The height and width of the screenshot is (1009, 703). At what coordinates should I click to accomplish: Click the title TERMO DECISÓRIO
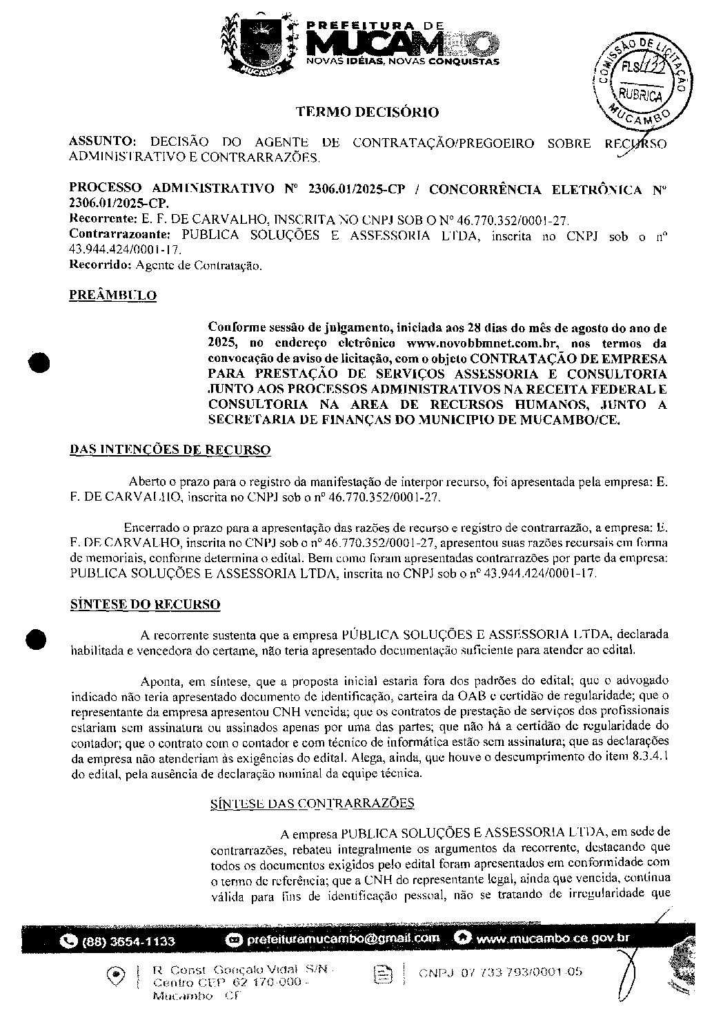(x=367, y=111)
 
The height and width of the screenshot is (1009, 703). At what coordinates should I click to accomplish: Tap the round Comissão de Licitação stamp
(x=637, y=80)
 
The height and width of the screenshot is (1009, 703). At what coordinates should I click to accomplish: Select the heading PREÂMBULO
(x=113, y=296)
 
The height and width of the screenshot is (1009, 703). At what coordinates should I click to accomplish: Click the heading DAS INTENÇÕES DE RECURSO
(x=170, y=450)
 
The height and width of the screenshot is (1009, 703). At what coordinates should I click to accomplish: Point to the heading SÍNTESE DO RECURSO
(x=145, y=604)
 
